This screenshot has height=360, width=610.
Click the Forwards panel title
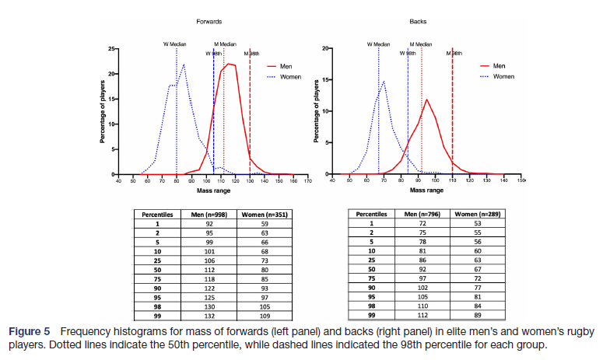coord(209,23)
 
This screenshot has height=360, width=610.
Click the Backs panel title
coord(418,23)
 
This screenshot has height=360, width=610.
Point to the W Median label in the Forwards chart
coord(176,44)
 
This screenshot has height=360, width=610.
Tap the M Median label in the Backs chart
coord(421,44)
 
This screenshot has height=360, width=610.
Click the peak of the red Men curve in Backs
coord(426,100)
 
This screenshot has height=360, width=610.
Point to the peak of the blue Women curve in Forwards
coord(184,65)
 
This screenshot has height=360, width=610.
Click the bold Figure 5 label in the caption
coord(31,333)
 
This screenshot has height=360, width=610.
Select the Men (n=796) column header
coord(419,213)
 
